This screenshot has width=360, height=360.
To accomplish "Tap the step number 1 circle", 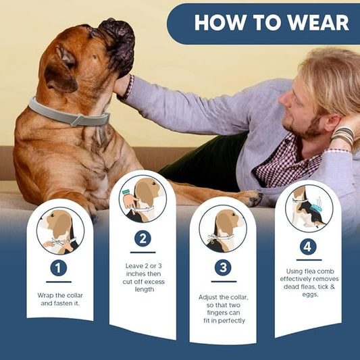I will coord(59,268).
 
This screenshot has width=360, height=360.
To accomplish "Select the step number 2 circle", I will coord(142,238).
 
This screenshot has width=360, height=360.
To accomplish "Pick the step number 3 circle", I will coord(222,267).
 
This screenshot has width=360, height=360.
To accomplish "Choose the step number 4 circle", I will coord(308,247).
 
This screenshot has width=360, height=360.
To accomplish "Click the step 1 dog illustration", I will coord(59,230).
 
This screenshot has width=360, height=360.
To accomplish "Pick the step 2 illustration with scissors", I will coord(142,199).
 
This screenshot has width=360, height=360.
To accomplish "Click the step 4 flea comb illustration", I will coord(308,207).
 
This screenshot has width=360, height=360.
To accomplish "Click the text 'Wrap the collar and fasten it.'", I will coord(59,299).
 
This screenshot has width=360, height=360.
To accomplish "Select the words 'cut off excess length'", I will coord(142,284).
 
